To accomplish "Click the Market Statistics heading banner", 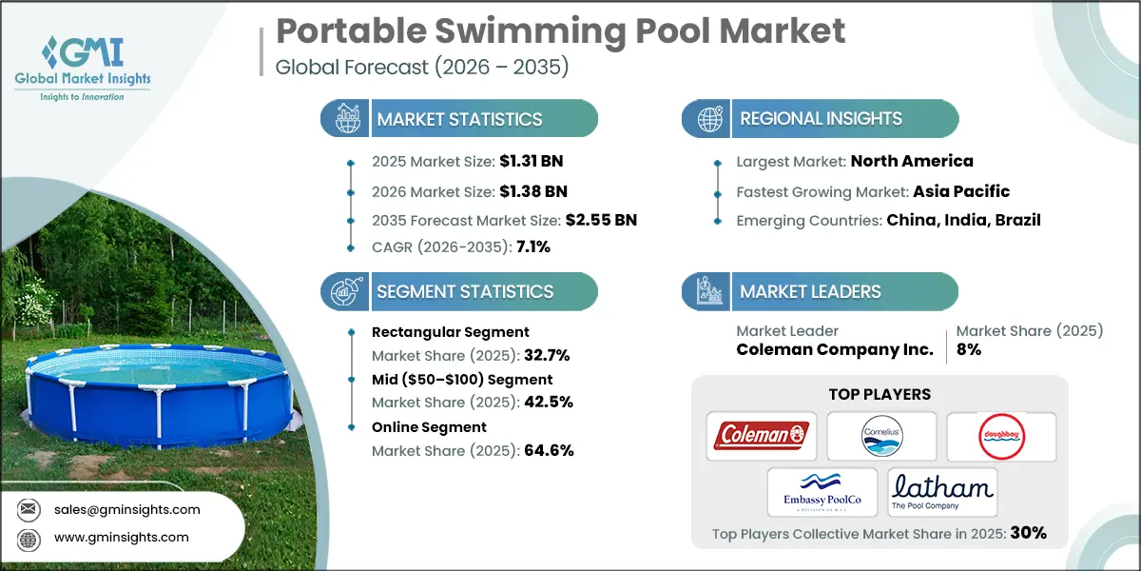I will (x=459, y=119).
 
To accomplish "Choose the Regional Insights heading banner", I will (x=820, y=119).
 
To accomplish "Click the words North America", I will (x=912, y=161).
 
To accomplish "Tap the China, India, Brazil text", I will (x=964, y=220).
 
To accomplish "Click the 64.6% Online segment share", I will (x=549, y=451).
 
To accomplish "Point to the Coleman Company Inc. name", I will (x=835, y=350).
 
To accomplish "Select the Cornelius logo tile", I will (x=880, y=435).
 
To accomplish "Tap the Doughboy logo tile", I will (x=1001, y=435).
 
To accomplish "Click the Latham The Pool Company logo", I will (x=942, y=490).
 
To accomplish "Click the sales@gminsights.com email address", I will (x=126, y=509).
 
